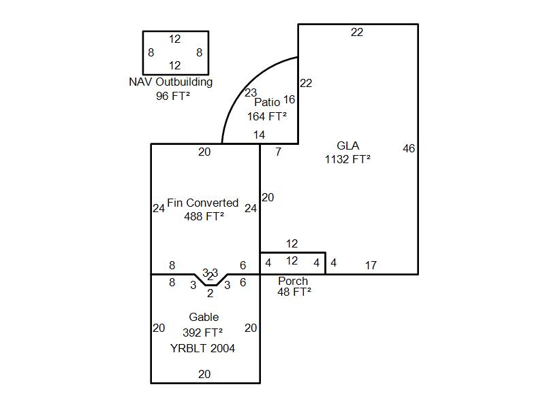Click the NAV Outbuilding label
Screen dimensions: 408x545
pos(170,82)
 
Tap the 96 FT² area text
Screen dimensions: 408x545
pos(172,96)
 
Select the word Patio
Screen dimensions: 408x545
pos(267,102)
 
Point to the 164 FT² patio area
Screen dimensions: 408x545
pos(266,116)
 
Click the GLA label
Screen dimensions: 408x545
pos(347,146)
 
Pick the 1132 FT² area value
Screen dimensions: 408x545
pos(347,159)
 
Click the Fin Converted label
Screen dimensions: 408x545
pos(202,203)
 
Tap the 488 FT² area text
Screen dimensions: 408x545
pos(204,216)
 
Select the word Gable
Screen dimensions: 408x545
pos(204,317)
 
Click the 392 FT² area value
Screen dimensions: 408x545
pos(203,333)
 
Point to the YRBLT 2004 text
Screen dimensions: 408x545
pos(203,348)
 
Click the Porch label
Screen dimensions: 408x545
pos(293,281)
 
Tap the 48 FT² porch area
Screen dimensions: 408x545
pos(294,292)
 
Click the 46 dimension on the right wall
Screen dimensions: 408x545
pos(409,148)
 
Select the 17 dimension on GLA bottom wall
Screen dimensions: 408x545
pos(371,265)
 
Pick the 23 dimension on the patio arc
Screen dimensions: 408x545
pos(251,93)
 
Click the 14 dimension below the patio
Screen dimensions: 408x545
pos(260,135)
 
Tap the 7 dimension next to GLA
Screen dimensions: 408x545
pos(278,152)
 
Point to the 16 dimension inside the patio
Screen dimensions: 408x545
pos(289,100)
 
